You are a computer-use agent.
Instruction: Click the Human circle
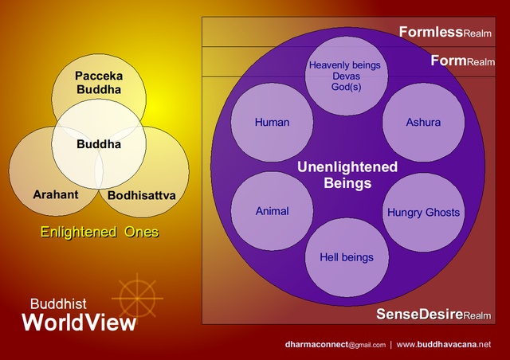coord(272,123)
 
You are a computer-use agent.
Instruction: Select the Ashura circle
coord(423,123)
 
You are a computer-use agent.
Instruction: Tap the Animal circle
coord(272,212)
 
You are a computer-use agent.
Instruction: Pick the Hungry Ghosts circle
coord(423,213)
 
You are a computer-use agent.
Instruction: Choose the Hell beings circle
coord(347,257)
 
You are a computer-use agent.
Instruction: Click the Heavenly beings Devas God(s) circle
coord(347,76)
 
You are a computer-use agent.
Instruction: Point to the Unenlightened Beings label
coord(347,174)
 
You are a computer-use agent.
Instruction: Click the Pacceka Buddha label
coord(98,82)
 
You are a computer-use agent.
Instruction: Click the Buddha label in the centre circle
coord(99,145)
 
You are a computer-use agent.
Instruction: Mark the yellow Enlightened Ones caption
coord(100,233)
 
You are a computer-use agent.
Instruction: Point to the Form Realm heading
coord(462,61)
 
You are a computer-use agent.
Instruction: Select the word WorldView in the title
coord(79,323)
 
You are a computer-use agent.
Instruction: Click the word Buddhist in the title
coord(58,303)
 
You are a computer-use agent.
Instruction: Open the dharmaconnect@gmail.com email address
coord(335,345)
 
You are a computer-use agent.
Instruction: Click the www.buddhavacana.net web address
coord(443,345)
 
